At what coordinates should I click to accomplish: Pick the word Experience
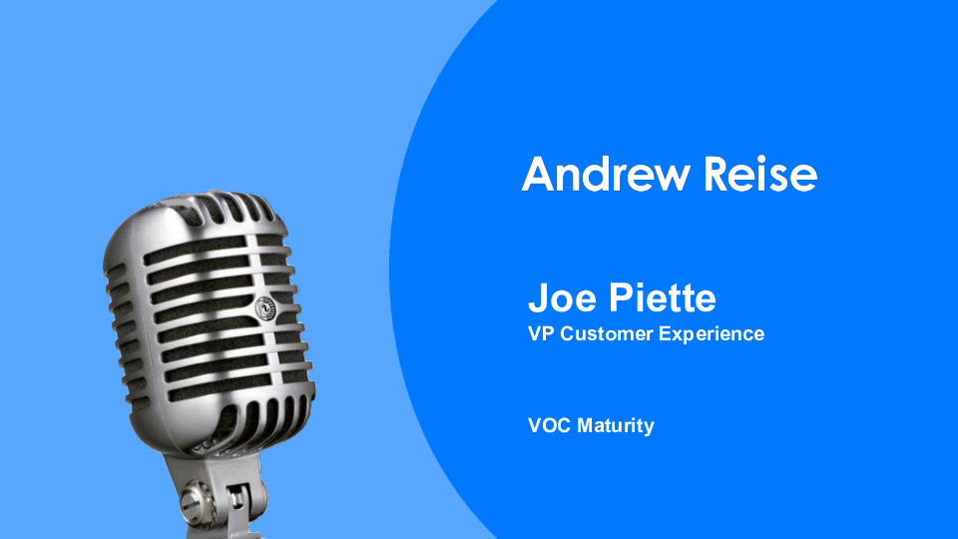(712, 334)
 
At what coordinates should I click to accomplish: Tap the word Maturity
(616, 426)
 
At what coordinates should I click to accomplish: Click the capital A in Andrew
(538, 175)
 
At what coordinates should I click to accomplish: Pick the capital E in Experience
(665, 333)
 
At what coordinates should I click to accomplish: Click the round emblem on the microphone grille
(266, 308)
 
